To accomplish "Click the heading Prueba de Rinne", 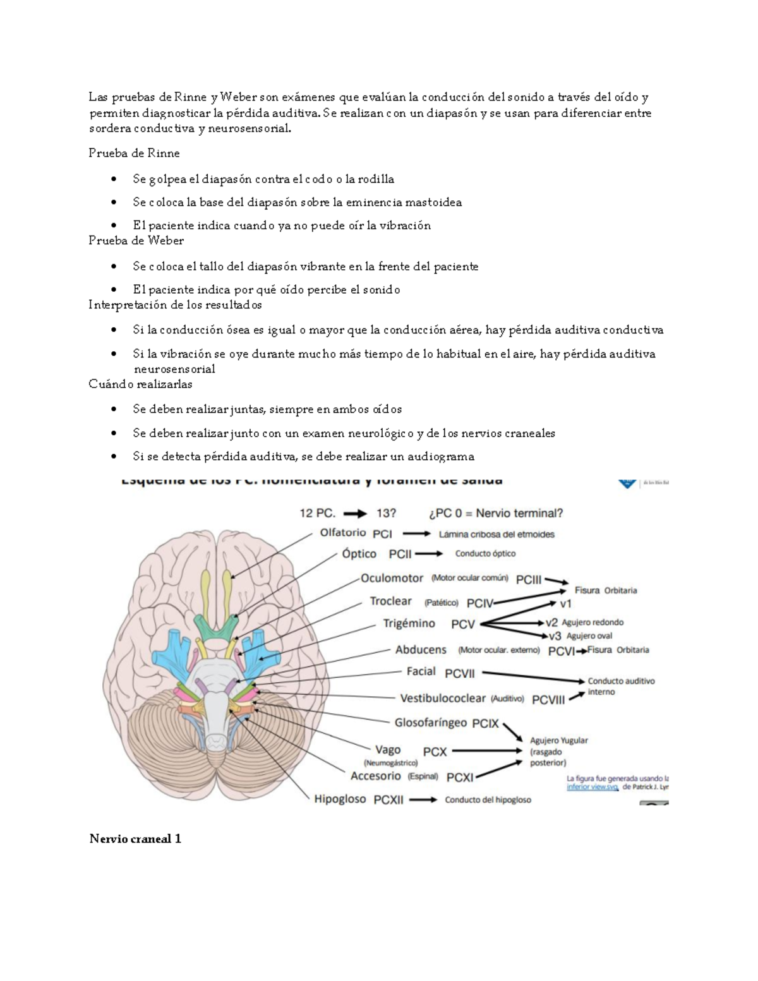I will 134,153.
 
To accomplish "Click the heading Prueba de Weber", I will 136,241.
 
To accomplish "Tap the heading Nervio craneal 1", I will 135,839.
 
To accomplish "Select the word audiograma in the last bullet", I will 441,457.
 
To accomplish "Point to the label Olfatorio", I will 343,533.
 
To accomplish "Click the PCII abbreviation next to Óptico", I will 400,554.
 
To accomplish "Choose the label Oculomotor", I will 392,578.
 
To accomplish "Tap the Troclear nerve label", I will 390,601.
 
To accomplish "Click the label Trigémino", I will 409,623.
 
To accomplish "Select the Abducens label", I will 421,649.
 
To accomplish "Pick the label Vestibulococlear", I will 443,698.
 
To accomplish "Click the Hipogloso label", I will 340,799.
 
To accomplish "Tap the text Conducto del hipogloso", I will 488,800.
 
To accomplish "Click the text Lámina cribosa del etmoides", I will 496,534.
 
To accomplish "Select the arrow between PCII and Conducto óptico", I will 429,554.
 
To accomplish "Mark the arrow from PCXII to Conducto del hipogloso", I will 423,800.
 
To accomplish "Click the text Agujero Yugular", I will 558,740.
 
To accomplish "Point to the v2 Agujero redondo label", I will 584,622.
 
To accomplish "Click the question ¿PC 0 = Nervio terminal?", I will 496,513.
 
